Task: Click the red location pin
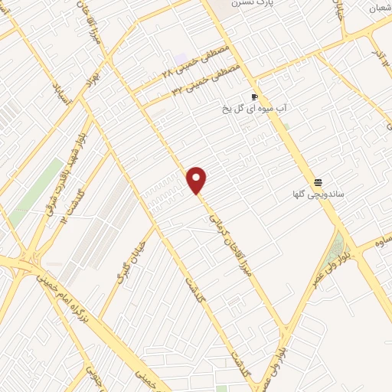198,180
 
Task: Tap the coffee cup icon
255,97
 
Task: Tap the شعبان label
380,8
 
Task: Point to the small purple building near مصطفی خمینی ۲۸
180,59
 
